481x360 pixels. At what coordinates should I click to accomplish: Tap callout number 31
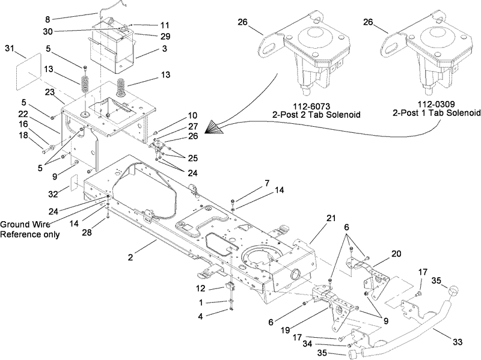(x=10, y=47)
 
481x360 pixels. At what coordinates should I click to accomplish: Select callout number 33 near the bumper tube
(x=458, y=342)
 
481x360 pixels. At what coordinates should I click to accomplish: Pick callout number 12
(x=200, y=289)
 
